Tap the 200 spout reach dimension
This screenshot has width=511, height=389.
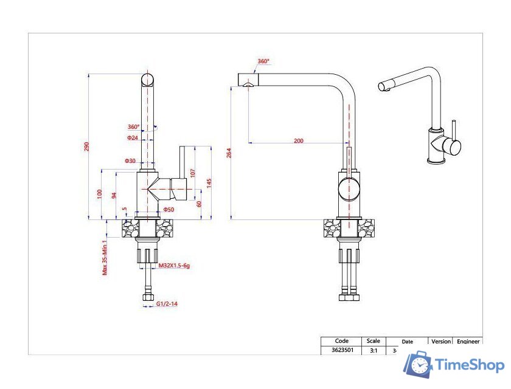pos(298,140)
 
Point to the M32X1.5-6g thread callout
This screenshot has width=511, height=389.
pos(179,266)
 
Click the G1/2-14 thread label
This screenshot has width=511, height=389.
pos(167,303)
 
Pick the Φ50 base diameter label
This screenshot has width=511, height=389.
pos(169,210)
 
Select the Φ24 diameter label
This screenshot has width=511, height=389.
pos(133,138)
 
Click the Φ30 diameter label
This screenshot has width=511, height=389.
pos(130,161)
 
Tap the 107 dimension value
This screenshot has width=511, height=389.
pos(193,172)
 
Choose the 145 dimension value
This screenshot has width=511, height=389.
pos(209,183)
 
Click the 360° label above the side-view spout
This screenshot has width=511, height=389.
pos(263,61)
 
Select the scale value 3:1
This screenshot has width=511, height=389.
pos(373,351)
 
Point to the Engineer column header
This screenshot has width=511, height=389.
pos(468,342)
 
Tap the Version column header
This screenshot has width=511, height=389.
pos(442,342)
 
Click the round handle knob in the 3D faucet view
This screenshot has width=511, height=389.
pos(452,146)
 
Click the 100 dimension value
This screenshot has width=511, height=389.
pos(100,194)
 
